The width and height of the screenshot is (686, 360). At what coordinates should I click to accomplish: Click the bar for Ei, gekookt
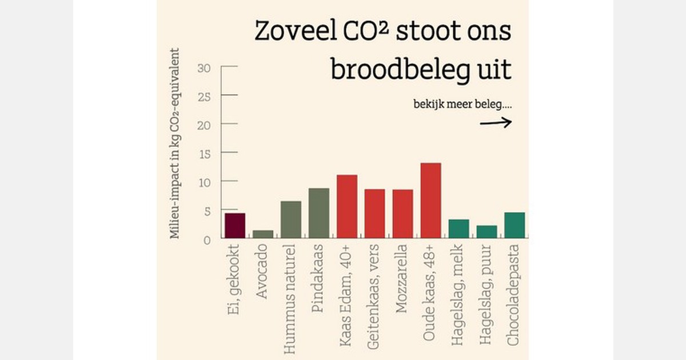coord(235,226)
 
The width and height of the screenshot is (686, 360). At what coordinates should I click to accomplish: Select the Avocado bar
coord(263,234)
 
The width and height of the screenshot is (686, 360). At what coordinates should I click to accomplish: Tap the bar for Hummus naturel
coord(291,219)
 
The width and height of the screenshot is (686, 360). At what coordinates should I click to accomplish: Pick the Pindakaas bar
coord(319,213)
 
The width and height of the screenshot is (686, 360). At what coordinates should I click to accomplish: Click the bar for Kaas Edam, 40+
coord(347,206)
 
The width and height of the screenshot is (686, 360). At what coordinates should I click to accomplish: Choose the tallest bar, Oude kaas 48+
coord(431,201)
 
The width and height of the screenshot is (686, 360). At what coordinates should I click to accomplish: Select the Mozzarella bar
coord(403,214)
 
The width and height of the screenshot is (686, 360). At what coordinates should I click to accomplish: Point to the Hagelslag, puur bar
coord(487,232)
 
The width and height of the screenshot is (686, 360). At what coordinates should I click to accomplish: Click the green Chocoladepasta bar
coord(514,225)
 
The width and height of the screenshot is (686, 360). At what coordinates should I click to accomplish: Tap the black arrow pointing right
coord(495,122)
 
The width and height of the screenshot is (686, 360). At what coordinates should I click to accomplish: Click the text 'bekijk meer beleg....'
coord(462,105)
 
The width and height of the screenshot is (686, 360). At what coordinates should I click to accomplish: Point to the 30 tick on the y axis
coord(204,68)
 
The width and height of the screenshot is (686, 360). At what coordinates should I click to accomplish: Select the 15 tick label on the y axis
coord(204,153)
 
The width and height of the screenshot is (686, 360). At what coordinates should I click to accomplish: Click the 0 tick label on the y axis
coord(207,239)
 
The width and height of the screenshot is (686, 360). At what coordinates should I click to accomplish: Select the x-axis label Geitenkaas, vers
coord(374,294)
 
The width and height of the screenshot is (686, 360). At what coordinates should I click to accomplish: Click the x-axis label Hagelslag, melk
coord(458,294)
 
